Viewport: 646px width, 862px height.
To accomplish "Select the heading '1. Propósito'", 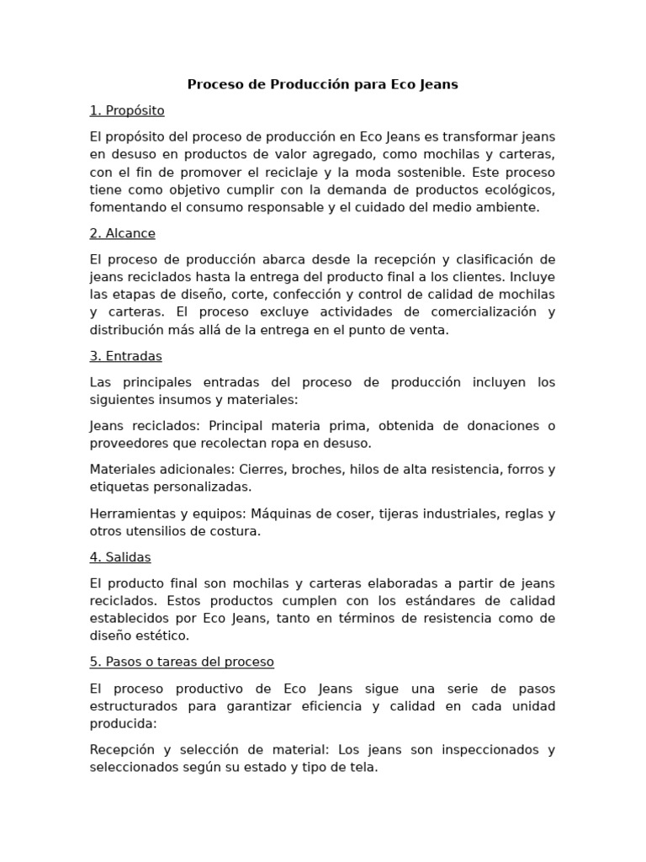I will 127,110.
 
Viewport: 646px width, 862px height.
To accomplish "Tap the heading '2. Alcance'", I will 122,233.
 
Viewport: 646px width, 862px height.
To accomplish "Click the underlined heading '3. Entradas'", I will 125,356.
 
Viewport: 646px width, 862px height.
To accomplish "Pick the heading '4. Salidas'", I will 120,557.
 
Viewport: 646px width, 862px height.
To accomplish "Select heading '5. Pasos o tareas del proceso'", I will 182,662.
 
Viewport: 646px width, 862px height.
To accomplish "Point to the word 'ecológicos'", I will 518,189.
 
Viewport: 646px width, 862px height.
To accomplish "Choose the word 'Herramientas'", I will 130,513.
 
